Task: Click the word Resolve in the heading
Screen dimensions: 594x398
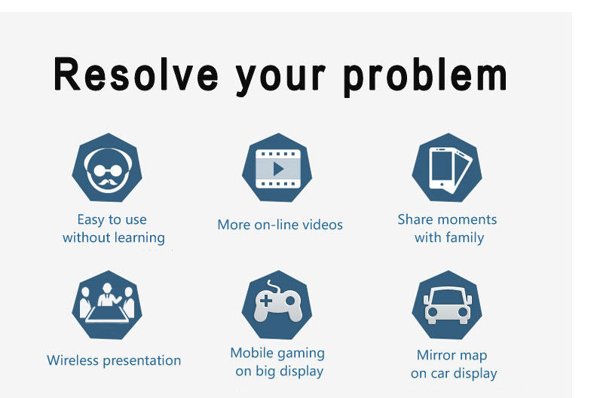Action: pos(136,74)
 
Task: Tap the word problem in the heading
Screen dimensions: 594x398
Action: pos(425,77)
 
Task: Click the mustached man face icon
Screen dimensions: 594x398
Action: pos(108,169)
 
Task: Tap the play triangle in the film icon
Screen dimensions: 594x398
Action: pos(278,169)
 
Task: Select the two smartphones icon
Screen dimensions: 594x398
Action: pos(450,170)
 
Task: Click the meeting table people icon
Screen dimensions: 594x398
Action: pos(107,303)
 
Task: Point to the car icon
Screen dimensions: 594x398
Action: pos(448,306)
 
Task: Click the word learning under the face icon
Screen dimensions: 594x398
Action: pos(139,238)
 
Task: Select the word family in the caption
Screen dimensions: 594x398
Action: pos(465,238)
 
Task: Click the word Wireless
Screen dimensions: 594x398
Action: pos(72,360)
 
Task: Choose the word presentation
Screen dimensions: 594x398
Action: pos(142,361)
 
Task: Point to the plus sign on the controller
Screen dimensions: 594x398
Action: pos(266,301)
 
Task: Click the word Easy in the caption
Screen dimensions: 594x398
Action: pos(91,220)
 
